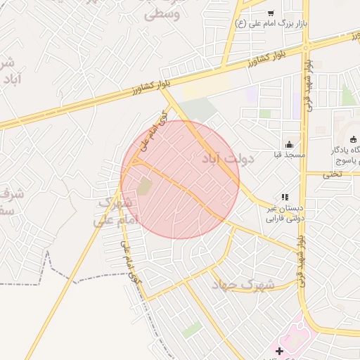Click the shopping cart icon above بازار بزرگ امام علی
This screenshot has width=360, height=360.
click(x=271, y=13)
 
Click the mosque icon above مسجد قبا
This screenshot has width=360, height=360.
click(x=289, y=145)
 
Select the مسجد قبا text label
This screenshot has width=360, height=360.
click(x=288, y=154)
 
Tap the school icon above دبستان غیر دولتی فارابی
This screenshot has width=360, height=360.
click(x=284, y=198)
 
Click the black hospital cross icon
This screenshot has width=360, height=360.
click(x=280, y=350)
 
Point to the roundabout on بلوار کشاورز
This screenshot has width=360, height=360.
click(x=307, y=46)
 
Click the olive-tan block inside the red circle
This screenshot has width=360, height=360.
click(x=144, y=186)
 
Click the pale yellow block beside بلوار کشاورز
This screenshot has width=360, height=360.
click(x=207, y=89)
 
